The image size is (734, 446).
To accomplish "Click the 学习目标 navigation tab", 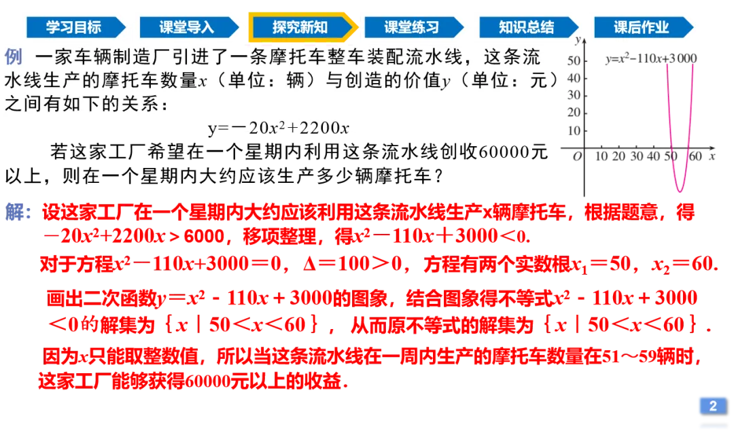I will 73,27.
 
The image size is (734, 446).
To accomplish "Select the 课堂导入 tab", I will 186,27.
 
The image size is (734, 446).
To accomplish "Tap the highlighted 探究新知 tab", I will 300,27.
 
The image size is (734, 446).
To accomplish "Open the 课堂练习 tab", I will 412,27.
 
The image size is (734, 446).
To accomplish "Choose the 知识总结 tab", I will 526,27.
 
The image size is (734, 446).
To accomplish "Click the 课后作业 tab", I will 641,27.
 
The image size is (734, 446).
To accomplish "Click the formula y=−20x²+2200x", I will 279,128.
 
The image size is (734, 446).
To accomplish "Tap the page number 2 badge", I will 713,406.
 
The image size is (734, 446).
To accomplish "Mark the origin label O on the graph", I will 578,156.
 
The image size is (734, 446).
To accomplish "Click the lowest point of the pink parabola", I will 679,192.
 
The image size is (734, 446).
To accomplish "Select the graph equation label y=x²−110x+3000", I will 650,58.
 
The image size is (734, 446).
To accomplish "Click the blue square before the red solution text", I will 14,212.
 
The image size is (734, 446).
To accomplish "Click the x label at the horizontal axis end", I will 712,156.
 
